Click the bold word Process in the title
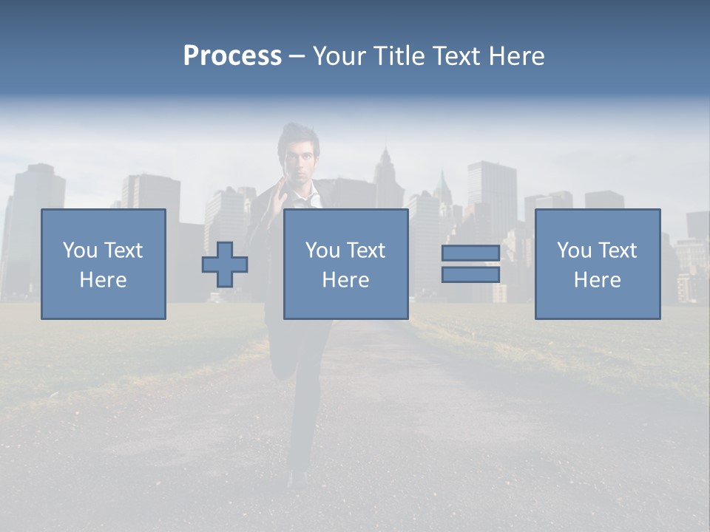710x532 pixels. (232, 56)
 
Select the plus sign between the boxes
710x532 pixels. (225, 265)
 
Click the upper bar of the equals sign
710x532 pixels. (470, 253)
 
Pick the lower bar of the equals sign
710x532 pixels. (470, 275)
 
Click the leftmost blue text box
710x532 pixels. (104, 222)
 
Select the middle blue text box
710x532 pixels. (346, 222)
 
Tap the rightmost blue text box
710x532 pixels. (598, 222)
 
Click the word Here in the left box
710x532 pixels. (103, 280)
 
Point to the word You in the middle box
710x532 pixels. (322, 250)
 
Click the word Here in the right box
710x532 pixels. (597, 280)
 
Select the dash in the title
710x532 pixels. (297, 56)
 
